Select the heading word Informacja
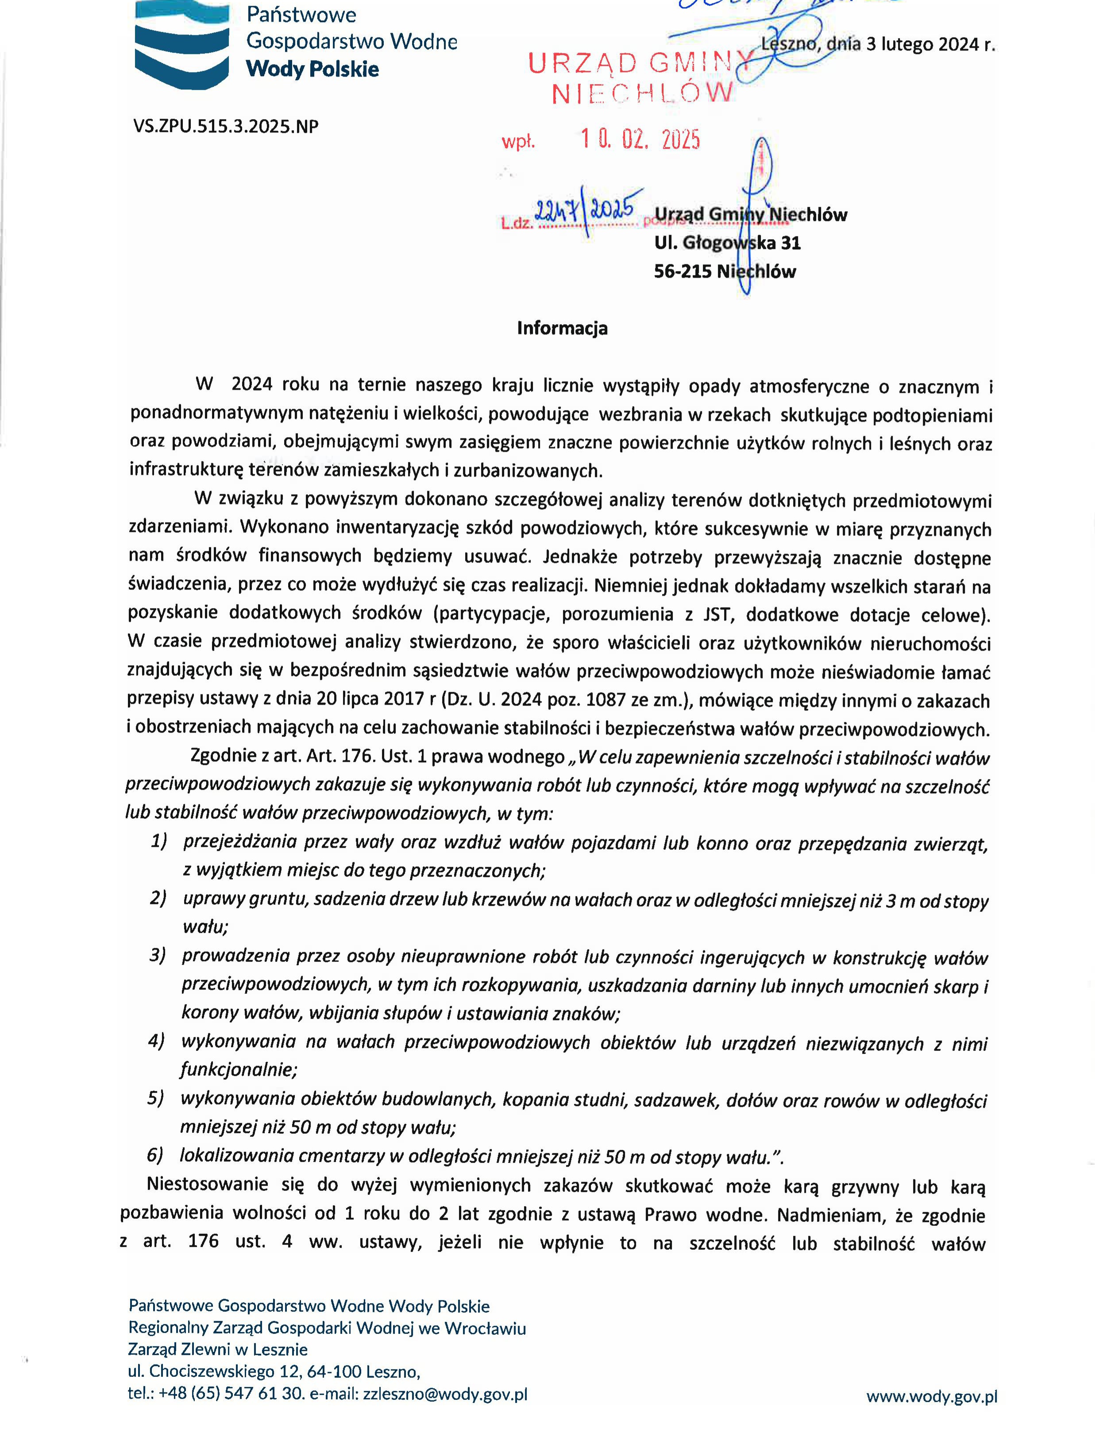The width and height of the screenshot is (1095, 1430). pyautogui.click(x=562, y=328)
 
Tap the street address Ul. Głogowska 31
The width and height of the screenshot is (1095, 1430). pyautogui.click(x=727, y=243)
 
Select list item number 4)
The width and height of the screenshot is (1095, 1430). pyautogui.click(x=156, y=1041)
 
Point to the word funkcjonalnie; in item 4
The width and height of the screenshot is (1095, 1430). pyautogui.click(x=239, y=1070)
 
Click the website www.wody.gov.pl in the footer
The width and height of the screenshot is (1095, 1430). pyautogui.click(x=931, y=1396)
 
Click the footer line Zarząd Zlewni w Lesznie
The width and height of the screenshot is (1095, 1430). pyautogui.click(x=218, y=1349)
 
